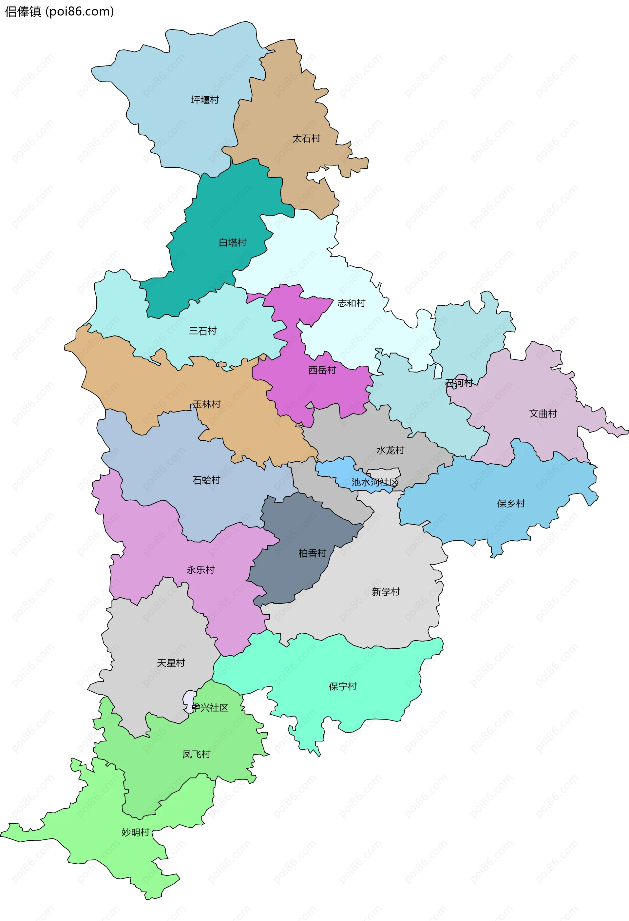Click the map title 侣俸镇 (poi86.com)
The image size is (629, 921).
pos(59,11)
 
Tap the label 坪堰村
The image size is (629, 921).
pos(205,100)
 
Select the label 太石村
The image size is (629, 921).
pos(306,139)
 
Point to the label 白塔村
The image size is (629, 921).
pos(233,242)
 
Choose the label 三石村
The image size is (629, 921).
pos(202,331)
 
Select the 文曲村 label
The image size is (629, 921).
pos(543,414)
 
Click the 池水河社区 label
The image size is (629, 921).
pos(374,482)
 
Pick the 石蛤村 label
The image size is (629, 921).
pos(206,480)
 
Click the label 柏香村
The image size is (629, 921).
pos(312,553)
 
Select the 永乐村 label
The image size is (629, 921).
pos(200,570)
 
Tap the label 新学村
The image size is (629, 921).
pos(386,592)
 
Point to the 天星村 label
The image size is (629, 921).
pos(171,662)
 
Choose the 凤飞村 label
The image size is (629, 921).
pos(196,754)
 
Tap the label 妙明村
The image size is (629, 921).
pos(135,832)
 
